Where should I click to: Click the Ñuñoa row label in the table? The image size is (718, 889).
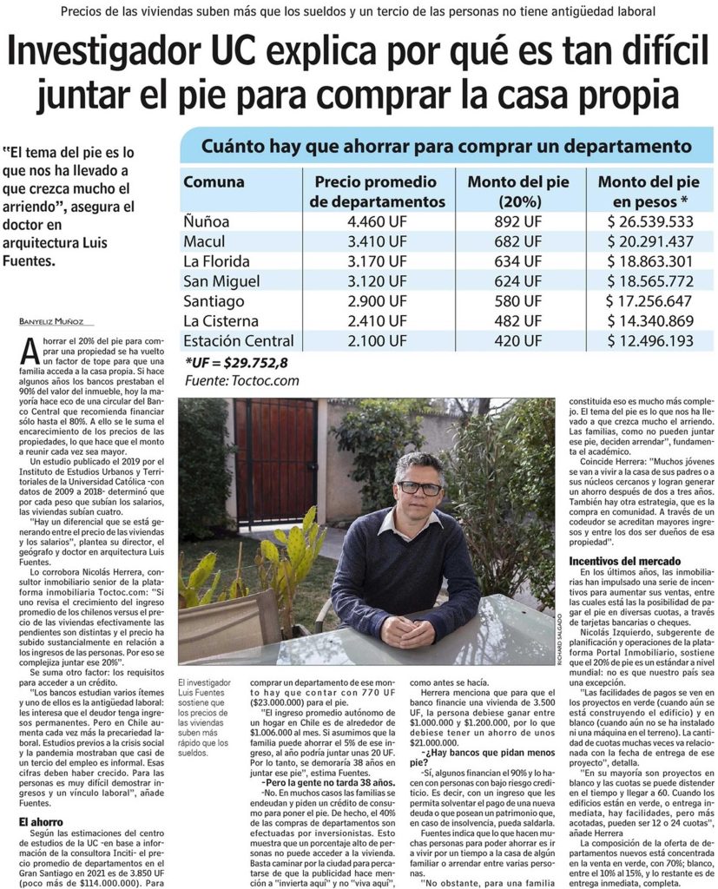pos(207,221)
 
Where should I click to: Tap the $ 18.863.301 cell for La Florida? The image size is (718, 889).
pos(649,261)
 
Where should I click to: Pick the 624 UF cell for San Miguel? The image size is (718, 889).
pos(513,281)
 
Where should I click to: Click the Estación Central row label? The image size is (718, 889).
pos(239,341)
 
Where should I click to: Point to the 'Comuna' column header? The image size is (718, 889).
pos(214,182)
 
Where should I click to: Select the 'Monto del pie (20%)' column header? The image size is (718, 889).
pos(518,192)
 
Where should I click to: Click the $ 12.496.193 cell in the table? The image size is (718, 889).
pos(649,341)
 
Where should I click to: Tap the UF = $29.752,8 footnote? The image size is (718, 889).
pos(236,363)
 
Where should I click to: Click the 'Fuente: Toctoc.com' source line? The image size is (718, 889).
pos(242,380)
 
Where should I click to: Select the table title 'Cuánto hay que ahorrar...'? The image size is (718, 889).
pos(446,146)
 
